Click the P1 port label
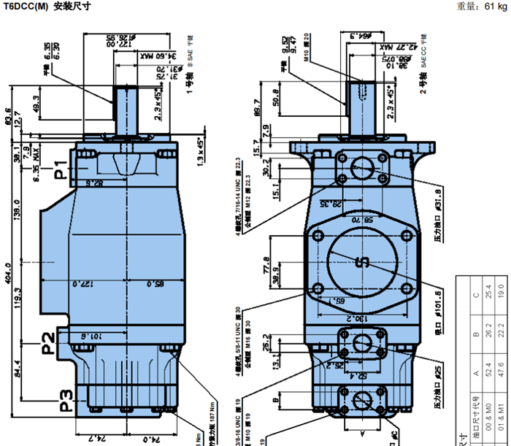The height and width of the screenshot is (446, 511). click(61, 164)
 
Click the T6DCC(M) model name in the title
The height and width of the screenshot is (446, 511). click(26, 7)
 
